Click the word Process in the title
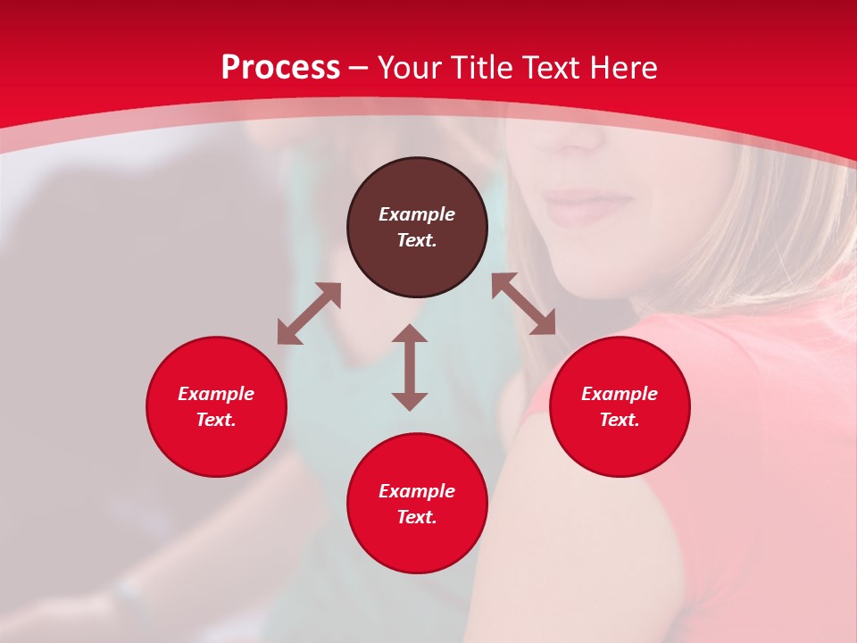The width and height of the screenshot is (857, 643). coord(280,68)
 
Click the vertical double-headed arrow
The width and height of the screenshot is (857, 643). coord(410,367)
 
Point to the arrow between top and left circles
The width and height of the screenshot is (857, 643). coord(309,313)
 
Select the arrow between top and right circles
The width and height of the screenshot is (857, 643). coord(523,304)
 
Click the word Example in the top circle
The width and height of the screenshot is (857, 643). coord(417,214)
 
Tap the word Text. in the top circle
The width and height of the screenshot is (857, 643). coord(417,240)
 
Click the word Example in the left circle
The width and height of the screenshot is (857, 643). coord(216,394)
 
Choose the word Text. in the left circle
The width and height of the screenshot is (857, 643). coord(216,420)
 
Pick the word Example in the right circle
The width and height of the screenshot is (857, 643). coord(620,394)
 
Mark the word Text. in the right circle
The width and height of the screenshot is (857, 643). coord(620,420)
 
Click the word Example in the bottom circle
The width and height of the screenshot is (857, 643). coord(417,491)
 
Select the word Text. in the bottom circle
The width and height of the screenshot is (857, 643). coord(417,517)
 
